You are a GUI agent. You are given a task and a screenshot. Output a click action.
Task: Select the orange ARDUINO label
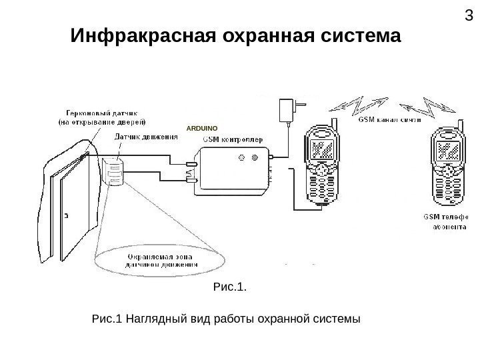[202, 127]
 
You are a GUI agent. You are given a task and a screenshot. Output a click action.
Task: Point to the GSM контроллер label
[233, 139]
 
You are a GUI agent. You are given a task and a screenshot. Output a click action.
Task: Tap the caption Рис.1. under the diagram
[229, 287]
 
